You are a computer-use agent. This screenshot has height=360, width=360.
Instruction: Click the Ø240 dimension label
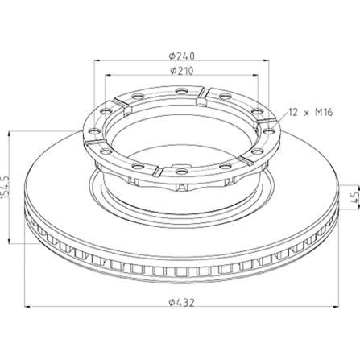pyautogui.click(x=181, y=56)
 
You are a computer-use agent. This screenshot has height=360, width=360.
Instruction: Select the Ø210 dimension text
pyautogui.click(x=181, y=71)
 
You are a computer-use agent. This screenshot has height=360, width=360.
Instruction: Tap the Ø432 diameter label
pyautogui.click(x=181, y=303)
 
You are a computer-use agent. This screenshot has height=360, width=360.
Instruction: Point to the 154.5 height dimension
pyautogui.click(x=5, y=187)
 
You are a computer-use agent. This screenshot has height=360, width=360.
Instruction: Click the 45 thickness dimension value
pyautogui.click(x=355, y=197)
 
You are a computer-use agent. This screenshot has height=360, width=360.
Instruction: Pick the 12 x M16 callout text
pyautogui.click(x=311, y=112)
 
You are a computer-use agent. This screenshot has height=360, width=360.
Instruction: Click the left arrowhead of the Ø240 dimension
pyautogui.click(x=98, y=61)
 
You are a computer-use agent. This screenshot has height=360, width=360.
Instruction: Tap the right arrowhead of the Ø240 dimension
pyautogui.click(x=266, y=61)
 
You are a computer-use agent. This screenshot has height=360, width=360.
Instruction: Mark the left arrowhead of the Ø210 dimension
pyautogui.click(x=108, y=76)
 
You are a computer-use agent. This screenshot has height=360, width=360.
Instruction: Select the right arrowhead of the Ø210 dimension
pyautogui.click(x=254, y=76)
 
